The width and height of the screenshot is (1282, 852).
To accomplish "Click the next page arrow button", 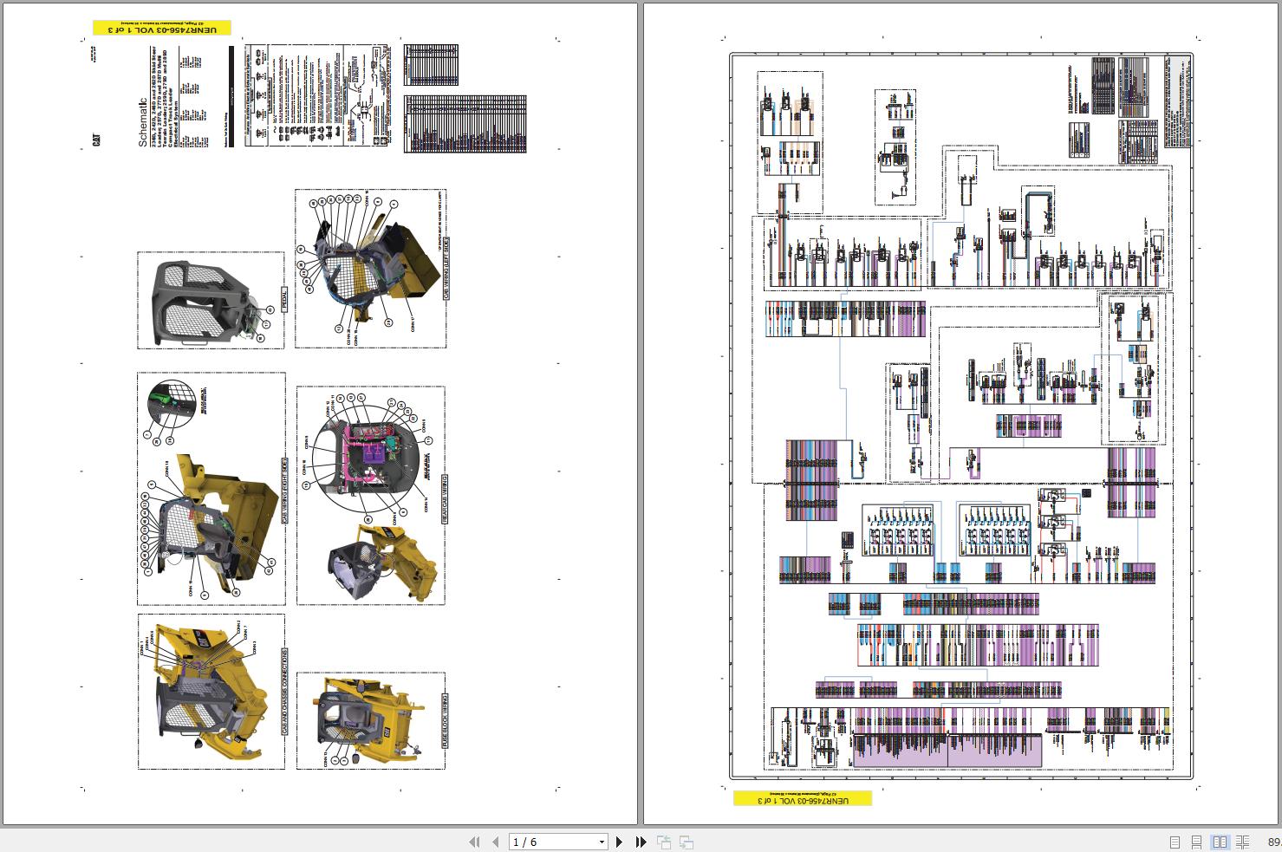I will pos(619,842).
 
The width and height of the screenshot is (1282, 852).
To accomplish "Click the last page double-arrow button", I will pos(641,842).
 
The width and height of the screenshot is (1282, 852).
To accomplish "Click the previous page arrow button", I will pos(496,842).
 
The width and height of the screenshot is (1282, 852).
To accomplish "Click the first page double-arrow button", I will pos(474,842).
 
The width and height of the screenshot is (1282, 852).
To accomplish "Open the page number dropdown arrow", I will pos(602,842).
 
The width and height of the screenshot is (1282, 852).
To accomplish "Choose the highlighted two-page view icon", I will pos(1220,842).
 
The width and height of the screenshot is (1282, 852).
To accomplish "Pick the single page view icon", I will pos(1175,842).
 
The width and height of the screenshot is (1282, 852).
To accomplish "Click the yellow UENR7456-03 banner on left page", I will pos(162,29).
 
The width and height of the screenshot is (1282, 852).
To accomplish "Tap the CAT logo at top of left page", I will pos(98,140).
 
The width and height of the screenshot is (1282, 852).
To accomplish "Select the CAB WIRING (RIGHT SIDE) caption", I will pos(284,491).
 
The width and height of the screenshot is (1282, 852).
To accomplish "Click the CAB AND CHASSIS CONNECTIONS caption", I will pos(284,692).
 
